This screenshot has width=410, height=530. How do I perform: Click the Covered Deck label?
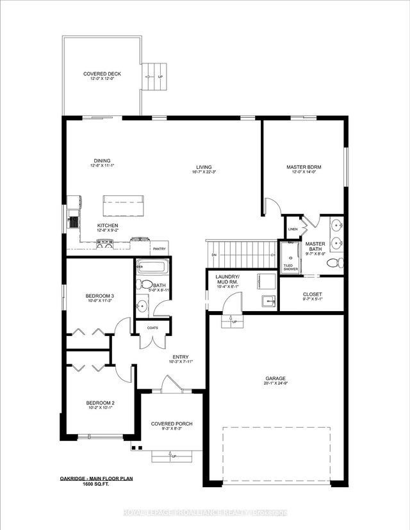(x=102, y=74)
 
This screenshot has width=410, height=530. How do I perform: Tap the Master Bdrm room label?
(x=303, y=167)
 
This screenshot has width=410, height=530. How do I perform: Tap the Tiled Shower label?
(x=290, y=267)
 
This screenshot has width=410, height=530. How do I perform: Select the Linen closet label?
(x=293, y=229)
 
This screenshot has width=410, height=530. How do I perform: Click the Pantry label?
(x=160, y=249)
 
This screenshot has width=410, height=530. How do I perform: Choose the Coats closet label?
(x=152, y=328)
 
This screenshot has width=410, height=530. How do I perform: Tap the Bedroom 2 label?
(x=99, y=403)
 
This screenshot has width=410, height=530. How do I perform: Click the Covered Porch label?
(x=171, y=424)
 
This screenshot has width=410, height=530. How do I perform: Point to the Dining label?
(x=102, y=161)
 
